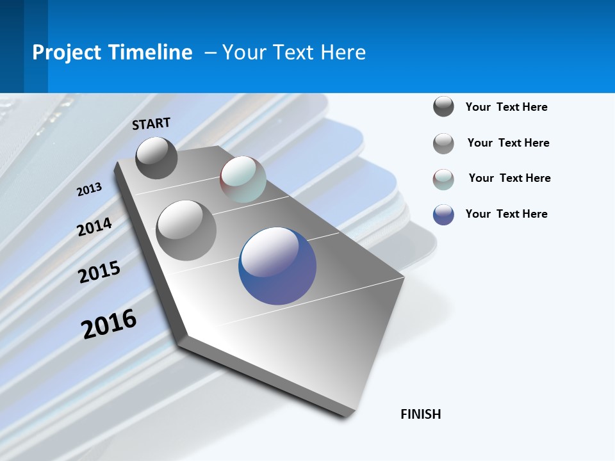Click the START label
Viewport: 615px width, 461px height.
pyautogui.click(x=151, y=123)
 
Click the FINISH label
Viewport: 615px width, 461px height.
pyautogui.click(x=420, y=414)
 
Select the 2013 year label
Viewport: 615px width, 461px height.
pyautogui.click(x=89, y=189)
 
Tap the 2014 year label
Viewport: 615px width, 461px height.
pyautogui.click(x=94, y=227)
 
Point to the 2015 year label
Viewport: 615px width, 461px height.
pyautogui.click(x=99, y=271)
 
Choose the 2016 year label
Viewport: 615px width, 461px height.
pyautogui.click(x=109, y=323)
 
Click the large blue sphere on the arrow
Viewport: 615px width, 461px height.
pyautogui.click(x=277, y=266)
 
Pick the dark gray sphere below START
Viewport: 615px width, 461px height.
pyautogui.click(x=156, y=158)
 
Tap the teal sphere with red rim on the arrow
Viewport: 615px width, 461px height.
pyautogui.click(x=243, y=179)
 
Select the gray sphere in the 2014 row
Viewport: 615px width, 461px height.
pyautogui.click(x=186, y=230)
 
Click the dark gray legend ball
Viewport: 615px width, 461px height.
pyautogui.click(x=443, y=107)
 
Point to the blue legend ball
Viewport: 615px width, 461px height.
pyautogui.click(x=443, y=214)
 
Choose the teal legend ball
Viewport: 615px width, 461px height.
pyautogui.click(x=443, y=179)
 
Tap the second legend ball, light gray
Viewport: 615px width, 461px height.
pyautogui.click(x=443, y=143)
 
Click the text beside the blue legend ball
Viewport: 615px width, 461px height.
pyautogui.click(x=506, y=214)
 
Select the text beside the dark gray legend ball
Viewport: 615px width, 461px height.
pyautogui.click(x=506, y=107)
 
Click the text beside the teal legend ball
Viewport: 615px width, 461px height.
pyautogui.click(x=509, y=178)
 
